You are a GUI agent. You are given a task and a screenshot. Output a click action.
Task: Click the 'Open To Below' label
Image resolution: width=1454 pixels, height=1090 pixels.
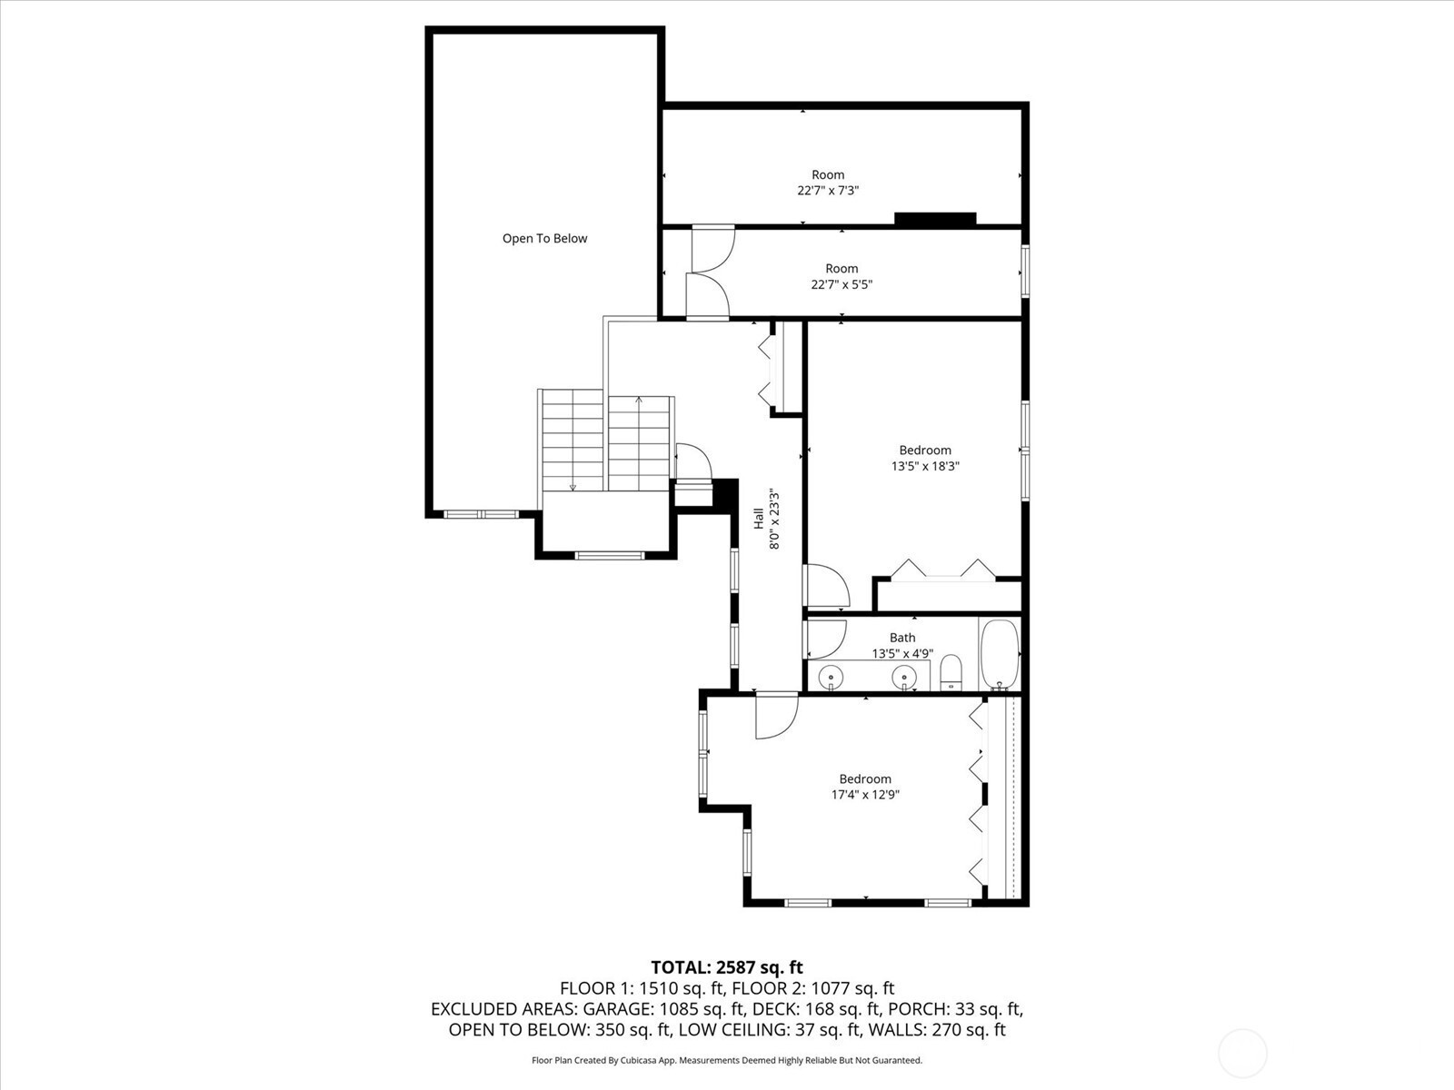click(544, 238)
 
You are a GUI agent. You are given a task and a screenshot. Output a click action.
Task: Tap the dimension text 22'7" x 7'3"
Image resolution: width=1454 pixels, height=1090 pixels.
click(828, 191)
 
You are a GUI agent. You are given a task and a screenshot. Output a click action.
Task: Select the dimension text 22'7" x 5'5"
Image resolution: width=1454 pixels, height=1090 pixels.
click(842, 284)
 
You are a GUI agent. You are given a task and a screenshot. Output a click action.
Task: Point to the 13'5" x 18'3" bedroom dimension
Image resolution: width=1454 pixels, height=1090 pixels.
click(925, 466)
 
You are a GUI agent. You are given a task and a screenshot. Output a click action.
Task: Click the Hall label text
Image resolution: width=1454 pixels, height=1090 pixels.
click(759, 518)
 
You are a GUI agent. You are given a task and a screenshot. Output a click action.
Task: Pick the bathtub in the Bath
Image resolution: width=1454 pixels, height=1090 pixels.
click(1000, 655)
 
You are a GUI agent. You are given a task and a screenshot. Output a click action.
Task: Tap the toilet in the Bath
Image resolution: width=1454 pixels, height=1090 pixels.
click(951, 672)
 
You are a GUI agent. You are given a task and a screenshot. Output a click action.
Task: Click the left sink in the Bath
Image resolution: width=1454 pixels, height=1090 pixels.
click(830, 678)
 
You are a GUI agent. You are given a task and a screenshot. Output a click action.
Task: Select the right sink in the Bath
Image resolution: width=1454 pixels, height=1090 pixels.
click(903, 678)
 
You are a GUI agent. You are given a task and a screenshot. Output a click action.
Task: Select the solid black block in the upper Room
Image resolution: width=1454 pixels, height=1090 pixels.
click(935, 218)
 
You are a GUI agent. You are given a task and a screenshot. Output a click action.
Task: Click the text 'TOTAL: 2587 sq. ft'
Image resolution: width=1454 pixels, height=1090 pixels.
click(727, 967)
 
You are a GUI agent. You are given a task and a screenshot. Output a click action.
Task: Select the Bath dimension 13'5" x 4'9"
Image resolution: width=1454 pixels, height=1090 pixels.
click(902, 654)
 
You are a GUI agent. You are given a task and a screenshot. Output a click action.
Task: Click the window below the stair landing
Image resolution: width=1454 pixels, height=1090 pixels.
click(610, 555)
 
